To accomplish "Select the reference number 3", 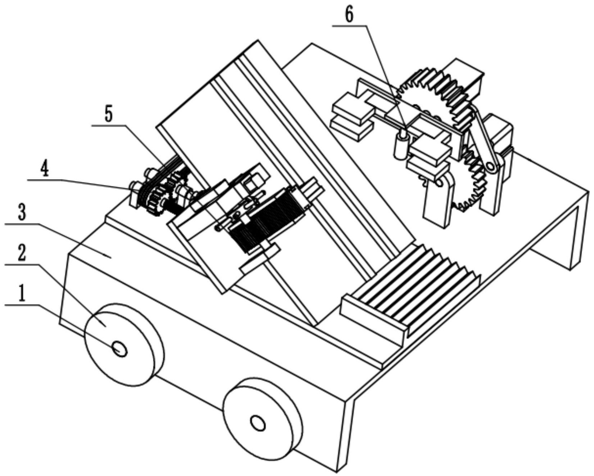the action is [x=22, y=212].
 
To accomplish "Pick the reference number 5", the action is [x=108, y=114].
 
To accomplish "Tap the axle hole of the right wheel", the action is [x=258, y=423].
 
